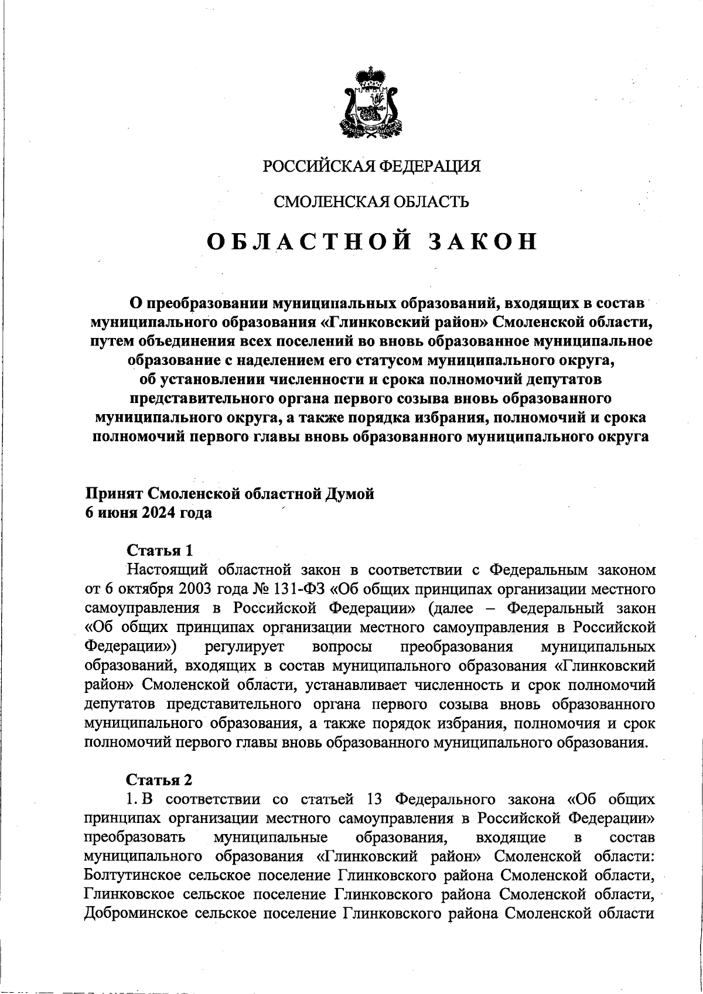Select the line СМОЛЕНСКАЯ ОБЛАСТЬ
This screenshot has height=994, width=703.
click(x=371, y=202)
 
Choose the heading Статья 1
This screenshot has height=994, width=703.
click(x=160, y=550)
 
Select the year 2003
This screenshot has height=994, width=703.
click(x=186, y=588)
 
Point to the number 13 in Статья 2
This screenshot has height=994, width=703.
click(x=374, y=799)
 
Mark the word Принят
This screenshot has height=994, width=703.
click(x=114, y=494)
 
